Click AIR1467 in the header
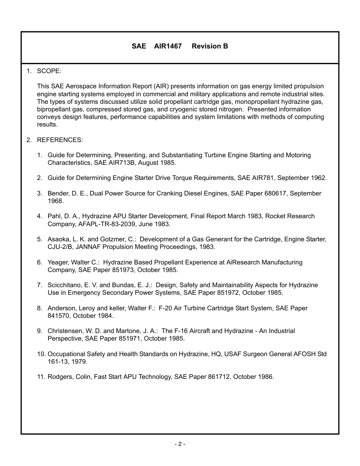(168, 46)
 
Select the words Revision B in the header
(210, 46)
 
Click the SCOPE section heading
(49, 71)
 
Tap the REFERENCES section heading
(59, 140)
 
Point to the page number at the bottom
(180, 444)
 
